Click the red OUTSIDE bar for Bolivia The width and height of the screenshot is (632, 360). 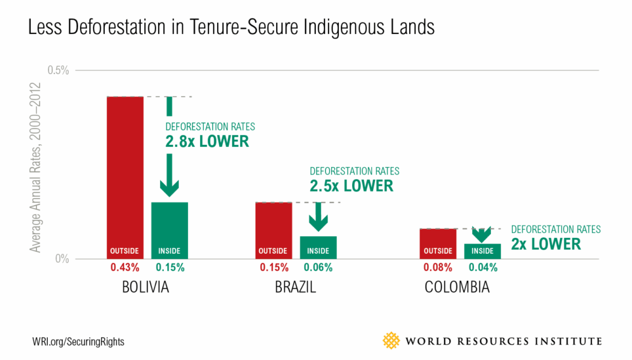[x=125, y=177]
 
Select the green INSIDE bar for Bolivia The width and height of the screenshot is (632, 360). [x=170, y=230]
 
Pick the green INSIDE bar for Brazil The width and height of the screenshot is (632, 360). [x=318, y=247]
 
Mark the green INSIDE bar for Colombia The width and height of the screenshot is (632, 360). [x=483, y=251]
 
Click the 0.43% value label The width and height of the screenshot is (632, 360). [x=125, y=268]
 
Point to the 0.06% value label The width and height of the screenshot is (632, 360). [x=318, y=268]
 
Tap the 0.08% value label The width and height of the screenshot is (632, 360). [x=438, y=268]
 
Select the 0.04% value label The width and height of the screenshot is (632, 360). [x=483, y=268]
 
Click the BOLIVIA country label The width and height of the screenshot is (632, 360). [x=146, y=287]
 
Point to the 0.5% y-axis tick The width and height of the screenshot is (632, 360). [x=58, y=70]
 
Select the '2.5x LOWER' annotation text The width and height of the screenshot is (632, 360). [x=351, y=185]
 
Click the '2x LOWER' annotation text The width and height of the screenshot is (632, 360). [x=545, y=243]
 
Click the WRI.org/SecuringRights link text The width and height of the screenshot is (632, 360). [x=78, y=342]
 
